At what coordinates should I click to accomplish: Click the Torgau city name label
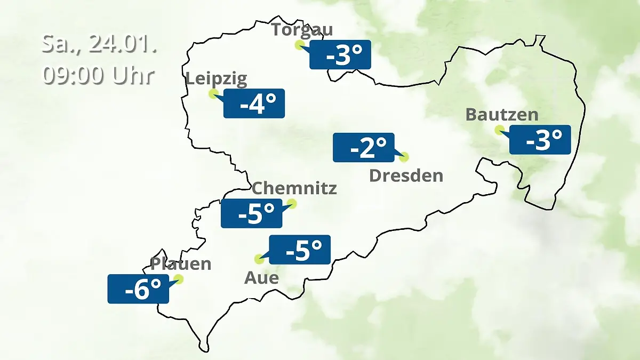[302, 29]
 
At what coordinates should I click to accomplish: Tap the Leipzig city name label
[216, 79]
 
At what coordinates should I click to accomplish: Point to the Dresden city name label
[406, 175]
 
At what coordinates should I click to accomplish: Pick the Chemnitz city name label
[294, 188]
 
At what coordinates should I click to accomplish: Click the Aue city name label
[261, 278]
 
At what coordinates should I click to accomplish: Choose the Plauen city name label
[181, 263]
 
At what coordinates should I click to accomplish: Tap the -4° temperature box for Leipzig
[254, 103]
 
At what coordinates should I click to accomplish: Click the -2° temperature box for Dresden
[364, 147]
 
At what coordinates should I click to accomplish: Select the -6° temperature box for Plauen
[138, 289]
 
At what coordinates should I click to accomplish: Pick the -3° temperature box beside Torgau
[340, 54]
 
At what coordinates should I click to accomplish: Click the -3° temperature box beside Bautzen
[540, 140]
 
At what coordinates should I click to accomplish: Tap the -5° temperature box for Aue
[300, 250]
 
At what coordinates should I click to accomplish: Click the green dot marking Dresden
[404, 157]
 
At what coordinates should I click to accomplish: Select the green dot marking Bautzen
[499, 130]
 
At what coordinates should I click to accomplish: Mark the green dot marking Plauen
[179, 279]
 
